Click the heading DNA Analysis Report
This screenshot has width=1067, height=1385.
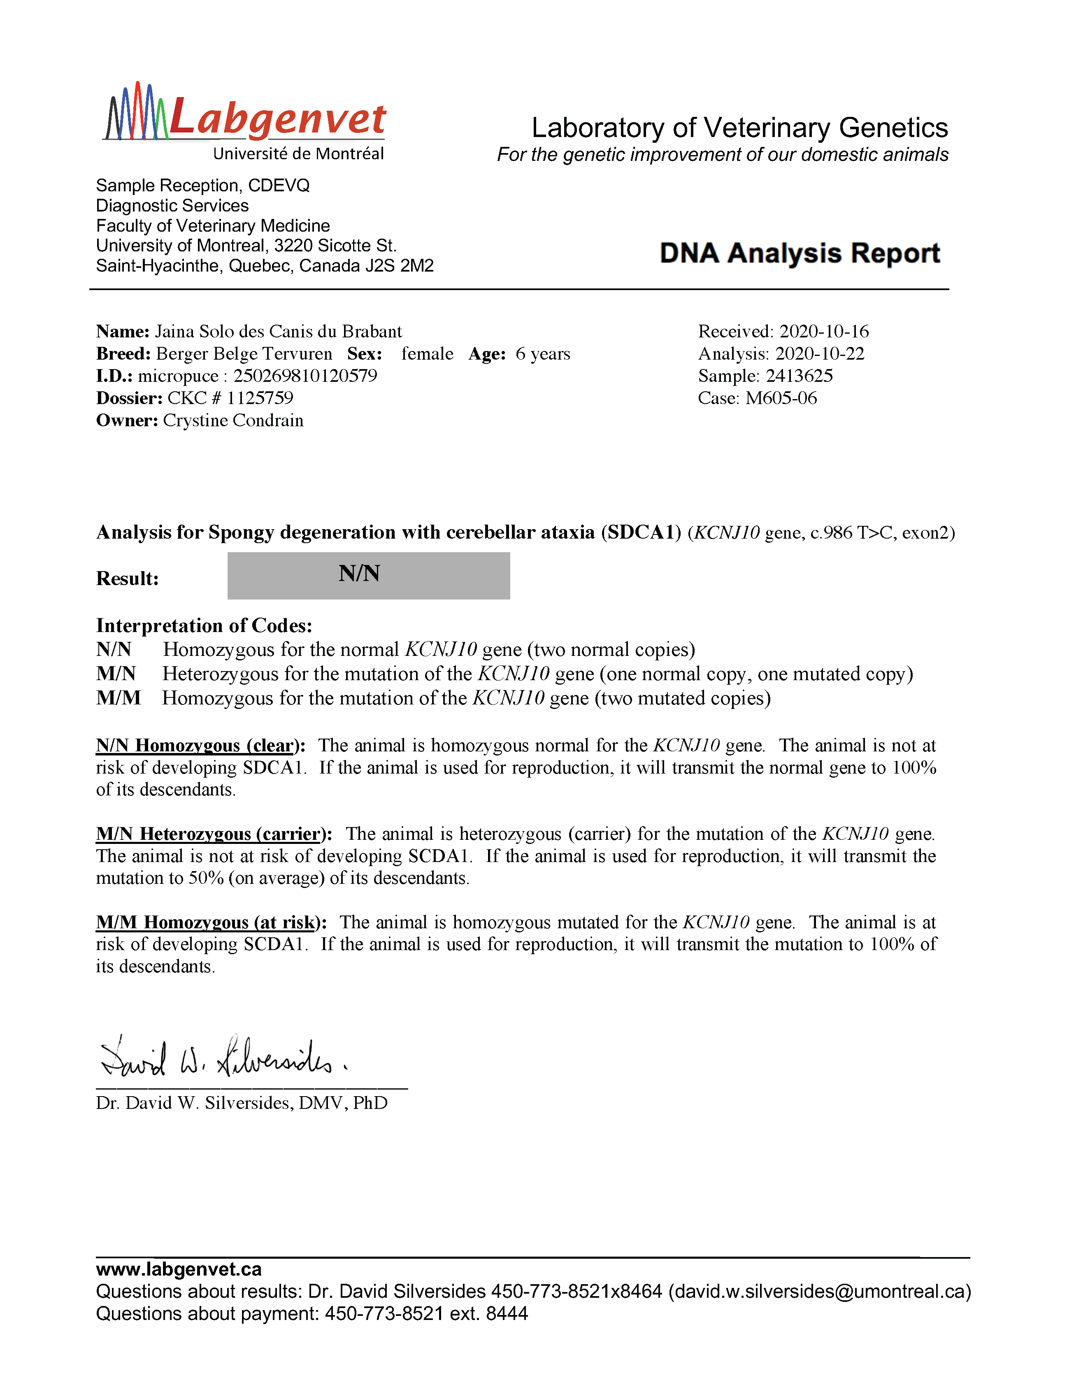799,253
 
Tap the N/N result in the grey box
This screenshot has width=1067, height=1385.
359,574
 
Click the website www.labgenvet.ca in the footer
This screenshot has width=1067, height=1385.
179,1269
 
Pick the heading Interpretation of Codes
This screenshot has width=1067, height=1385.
204,626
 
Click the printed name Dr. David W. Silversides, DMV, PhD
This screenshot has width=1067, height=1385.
242,1103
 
